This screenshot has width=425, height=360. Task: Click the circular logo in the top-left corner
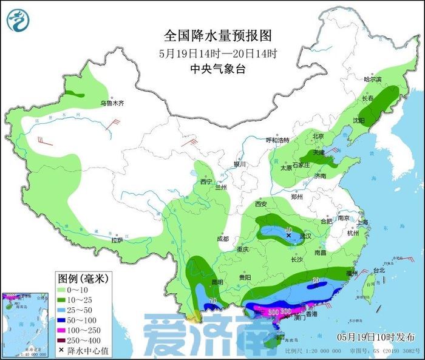coord(18,20)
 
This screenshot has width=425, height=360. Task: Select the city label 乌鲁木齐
coord(112,104)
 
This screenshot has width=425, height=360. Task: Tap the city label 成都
coord(223,239)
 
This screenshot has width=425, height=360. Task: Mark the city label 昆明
coord(217,282)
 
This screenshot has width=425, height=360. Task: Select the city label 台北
coord(378,270)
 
